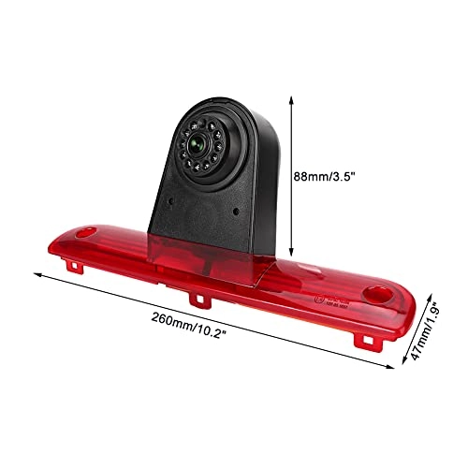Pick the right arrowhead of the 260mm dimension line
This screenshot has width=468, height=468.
(x=394, y=368)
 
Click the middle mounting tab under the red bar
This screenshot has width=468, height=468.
(x=198, y=300)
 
